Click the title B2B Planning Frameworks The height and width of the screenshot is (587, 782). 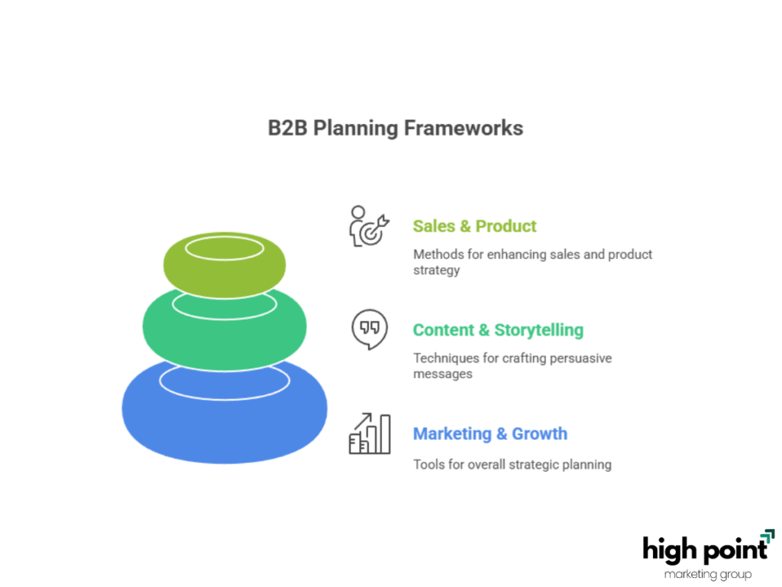(396, 128)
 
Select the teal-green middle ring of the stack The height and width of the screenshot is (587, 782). (225, 345)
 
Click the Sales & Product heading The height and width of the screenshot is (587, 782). (474, 226)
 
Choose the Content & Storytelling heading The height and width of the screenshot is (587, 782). (498, 330)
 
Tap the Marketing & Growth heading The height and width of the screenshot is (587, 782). (490, 434)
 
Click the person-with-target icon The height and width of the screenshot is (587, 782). (369, 226)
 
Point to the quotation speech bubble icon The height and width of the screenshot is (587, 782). (370, 329)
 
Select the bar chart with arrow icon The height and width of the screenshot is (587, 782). (370, 433)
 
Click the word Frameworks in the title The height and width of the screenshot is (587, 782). (464, 128)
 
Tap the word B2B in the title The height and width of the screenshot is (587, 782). (288, 128)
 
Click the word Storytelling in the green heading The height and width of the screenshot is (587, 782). (538, 330)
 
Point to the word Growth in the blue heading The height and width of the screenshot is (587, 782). (540, 434)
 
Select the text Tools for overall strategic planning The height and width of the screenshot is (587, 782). (512, 465)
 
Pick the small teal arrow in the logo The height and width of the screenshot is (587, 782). (768, 536)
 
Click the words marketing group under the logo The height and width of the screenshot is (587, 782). (708, 575)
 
